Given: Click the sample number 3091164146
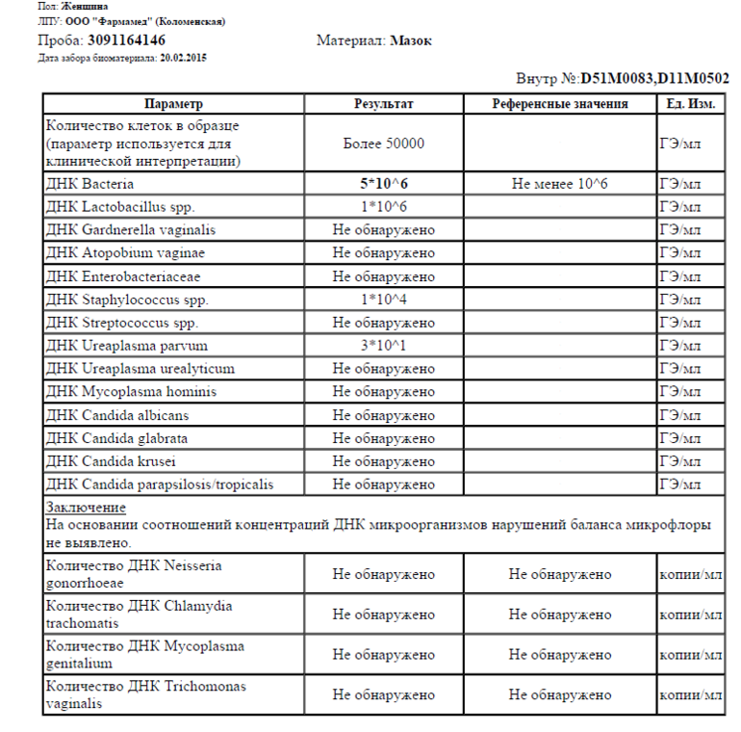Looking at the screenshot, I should (x=126, y=40).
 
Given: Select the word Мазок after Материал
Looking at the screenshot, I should (x=411, y=40).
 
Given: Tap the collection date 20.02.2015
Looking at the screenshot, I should (x=183, y=58).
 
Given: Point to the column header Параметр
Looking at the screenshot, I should (x=173, y=104).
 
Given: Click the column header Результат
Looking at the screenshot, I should (x=384, y=104).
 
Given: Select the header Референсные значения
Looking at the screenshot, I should (x=560, y=104).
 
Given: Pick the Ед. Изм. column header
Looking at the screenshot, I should (x=690, y=104).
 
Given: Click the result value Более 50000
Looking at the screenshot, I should (x=384, y=144).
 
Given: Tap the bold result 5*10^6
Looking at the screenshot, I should (x=384, y=183).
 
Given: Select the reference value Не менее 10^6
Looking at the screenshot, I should (x=560, y=183).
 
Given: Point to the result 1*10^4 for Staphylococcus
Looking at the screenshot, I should (x=384, y=300).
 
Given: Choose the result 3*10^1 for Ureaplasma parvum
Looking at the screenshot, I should (x=384, y=346).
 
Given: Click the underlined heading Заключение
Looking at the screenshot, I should (x=86, y=508).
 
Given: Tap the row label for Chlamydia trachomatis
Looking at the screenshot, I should (x=139, y=614).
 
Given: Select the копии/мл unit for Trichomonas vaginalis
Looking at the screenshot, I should (x=690, y=694).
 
